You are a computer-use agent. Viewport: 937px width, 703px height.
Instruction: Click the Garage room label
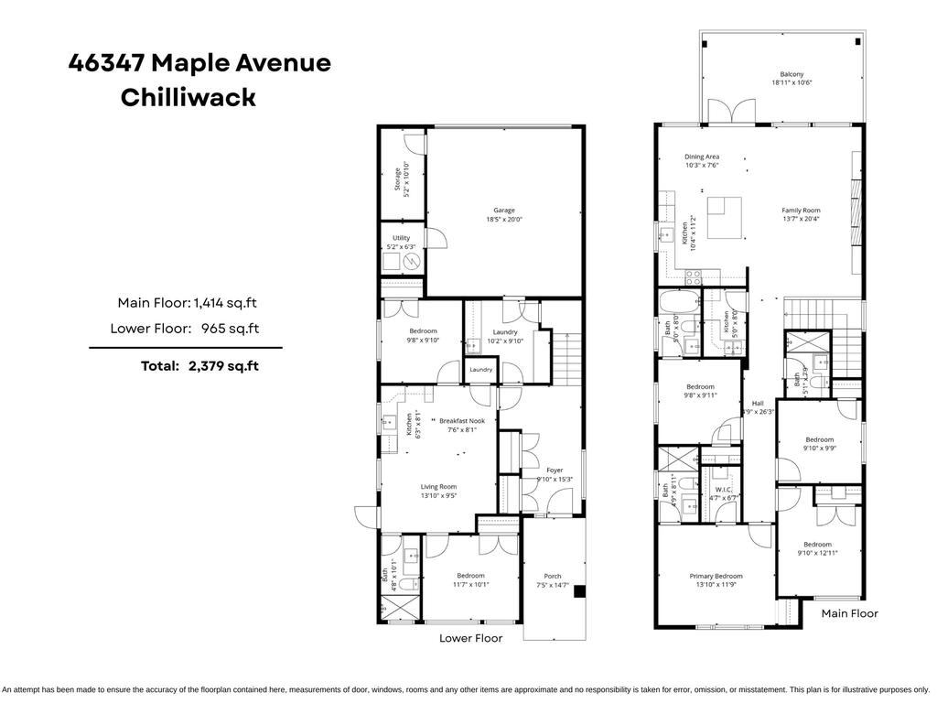[x=504, y=214]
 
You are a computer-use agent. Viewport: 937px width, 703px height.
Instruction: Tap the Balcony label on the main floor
[x=792, y=79]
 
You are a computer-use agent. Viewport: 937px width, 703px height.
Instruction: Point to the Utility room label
[x=402, y=242]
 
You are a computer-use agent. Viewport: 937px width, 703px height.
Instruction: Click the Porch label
[x=553, y=580]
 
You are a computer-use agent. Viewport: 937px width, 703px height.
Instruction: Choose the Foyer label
[x=555, y=474]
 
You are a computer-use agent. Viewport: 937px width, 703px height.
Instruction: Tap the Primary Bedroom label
[x=716, y=580]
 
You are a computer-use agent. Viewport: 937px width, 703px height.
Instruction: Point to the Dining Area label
[x=702, y=160]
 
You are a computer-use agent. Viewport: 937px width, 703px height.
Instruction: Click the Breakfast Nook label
[x=461, y=425]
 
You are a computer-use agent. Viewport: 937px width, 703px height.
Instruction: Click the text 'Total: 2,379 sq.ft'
[x=199, y=365]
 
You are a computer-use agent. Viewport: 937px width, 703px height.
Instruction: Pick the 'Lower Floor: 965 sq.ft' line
[x=184, y=328]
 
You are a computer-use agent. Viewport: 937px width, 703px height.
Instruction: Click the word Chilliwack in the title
[x=188, y=98]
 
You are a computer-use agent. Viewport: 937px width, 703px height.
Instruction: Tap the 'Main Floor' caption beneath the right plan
[x=849, y=613]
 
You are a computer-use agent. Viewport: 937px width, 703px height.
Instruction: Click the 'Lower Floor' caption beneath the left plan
[x=470, y=638]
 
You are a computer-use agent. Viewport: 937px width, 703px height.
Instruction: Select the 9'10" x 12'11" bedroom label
[x=817, y=548]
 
